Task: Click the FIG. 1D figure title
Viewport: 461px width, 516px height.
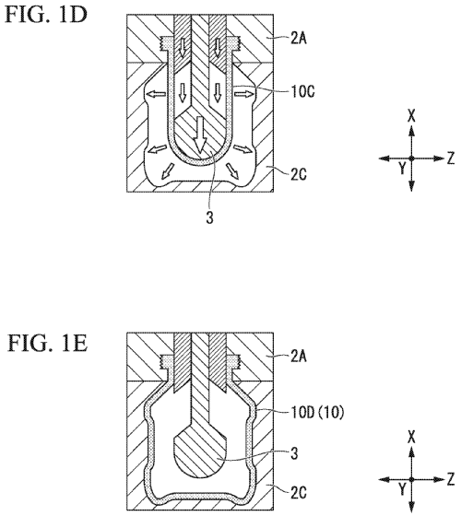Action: pyautogui.click(x=46, y=14)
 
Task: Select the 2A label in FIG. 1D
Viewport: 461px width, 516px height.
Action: pyautogui.click(x=299, y=39)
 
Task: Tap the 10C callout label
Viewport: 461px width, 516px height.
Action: pyautogui.click(x=302, y=91)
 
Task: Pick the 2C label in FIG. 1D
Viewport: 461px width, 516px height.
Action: pyautogui.click(x=299, y=174)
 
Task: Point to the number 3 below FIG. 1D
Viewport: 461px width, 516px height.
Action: pyautogui.click(x=210, y=217)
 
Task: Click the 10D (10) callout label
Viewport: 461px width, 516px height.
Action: pyautogui.click(x=317, y=412)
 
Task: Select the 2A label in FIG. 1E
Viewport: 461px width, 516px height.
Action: pyautogui.click(x=299, y=357)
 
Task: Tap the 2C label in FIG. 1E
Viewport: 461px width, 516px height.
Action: pyautogui.click(x=299, y=493)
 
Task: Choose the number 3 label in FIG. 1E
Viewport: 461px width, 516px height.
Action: pyautogui.click(x=294, y=453)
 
